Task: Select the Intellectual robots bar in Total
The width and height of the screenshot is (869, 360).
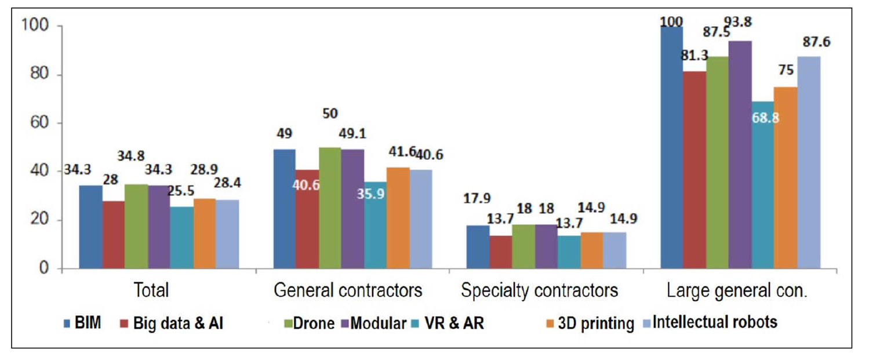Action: [227, 234]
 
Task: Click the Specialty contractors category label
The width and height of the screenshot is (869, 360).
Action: [540, 290]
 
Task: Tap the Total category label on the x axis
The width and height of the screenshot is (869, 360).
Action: [151, 290]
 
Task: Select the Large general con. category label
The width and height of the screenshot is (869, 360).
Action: [737, 290]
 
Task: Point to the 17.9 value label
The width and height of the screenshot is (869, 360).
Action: [477, 198]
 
